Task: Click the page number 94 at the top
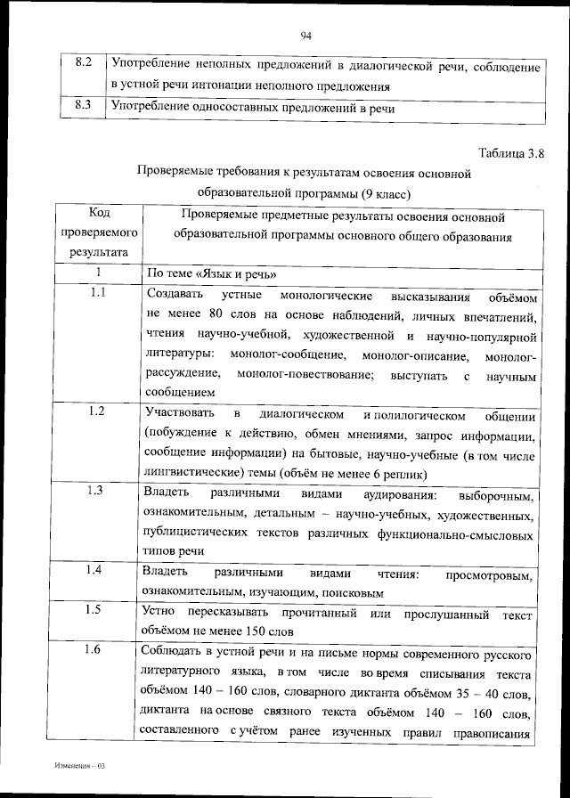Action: (305, 36)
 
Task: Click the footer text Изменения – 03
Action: (79, 765)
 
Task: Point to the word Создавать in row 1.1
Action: (174, 295)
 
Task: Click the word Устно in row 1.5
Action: (159, 613)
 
